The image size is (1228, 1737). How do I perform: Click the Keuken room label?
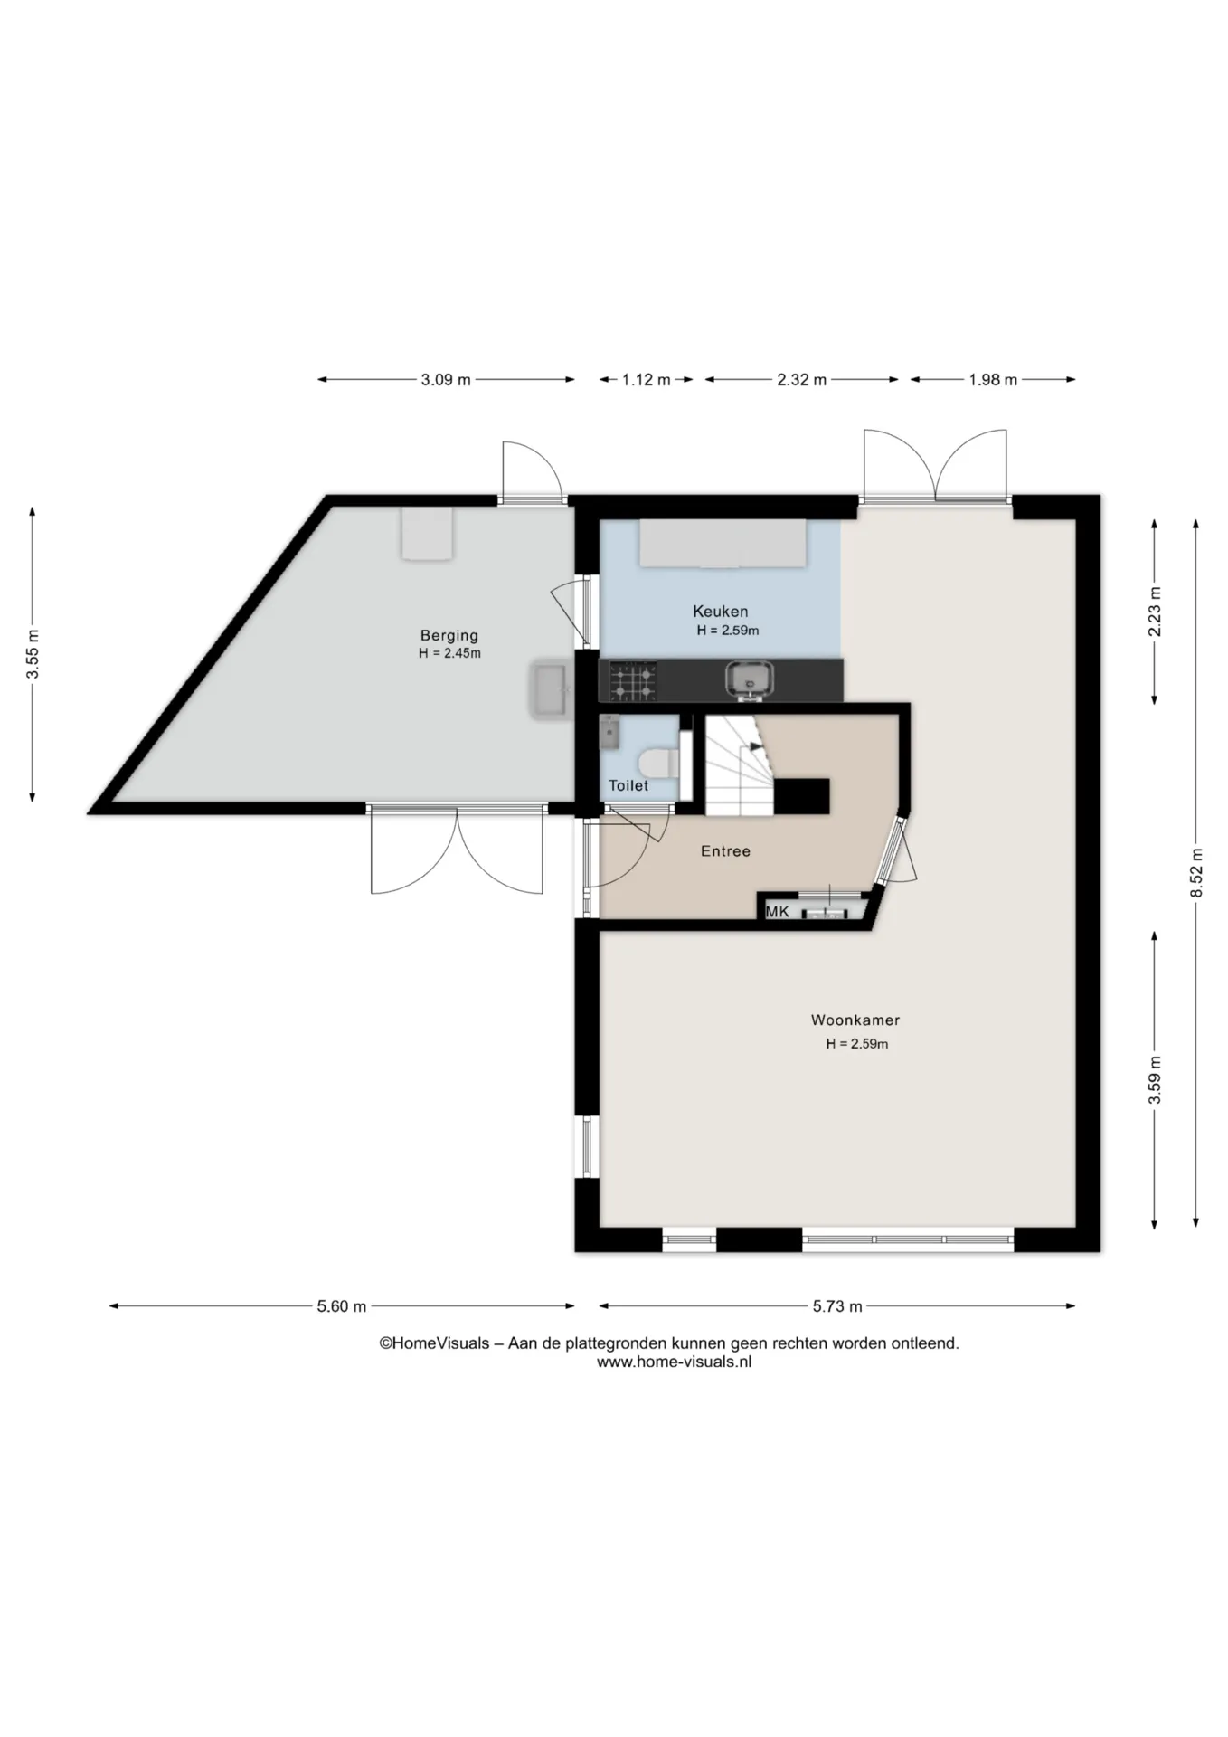click(720, 611)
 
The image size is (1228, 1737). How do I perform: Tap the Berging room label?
click(449, 635)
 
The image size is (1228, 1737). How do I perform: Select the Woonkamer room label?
click(855, 1020)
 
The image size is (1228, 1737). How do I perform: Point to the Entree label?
click(725, 850)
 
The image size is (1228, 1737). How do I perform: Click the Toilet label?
click(628, 785)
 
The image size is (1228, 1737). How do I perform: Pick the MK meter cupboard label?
click(778, 911)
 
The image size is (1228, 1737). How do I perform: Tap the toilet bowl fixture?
click(658, 762)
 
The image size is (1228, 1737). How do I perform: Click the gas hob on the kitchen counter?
click(633, 681)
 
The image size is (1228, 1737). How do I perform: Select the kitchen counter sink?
click(750, 679)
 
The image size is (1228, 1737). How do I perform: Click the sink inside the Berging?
click(550, 689)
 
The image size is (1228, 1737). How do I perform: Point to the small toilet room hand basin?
click(609, 732)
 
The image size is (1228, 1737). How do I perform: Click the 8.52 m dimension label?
click(1196, 873)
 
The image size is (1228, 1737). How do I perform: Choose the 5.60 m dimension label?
click(342, 1305)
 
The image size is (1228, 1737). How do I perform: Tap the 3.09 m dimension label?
click(446, 380)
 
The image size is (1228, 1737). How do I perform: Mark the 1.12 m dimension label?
click(646, 380)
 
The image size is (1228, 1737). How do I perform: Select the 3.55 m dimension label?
click(33, 653)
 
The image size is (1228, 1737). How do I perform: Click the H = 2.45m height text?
click(449, 653)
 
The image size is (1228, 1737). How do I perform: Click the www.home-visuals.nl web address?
click(674, 1362)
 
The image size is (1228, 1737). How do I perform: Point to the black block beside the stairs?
click(801, 796)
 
